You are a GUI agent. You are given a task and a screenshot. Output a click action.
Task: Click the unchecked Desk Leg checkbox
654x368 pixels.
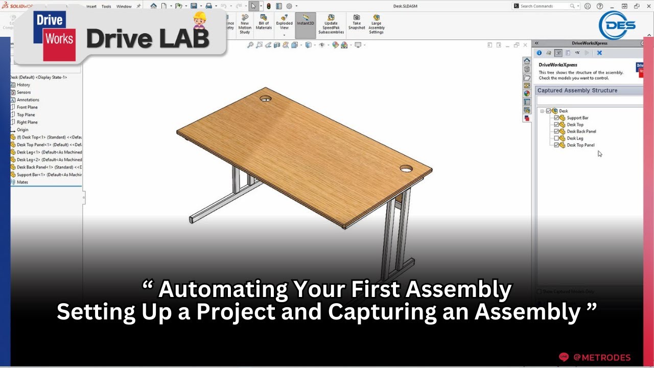tap(557, 139)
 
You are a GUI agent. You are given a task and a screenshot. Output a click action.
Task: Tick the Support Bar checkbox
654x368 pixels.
tap(557, 118)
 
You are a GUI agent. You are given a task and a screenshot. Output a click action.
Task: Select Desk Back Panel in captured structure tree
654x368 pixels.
tap(581, 131)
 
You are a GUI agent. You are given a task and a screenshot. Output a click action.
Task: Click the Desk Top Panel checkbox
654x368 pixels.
tap(557, 145)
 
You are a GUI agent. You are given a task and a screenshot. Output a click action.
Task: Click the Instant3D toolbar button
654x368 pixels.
tap(306, 26)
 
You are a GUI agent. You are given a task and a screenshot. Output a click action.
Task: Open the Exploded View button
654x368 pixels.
tap(284, 26)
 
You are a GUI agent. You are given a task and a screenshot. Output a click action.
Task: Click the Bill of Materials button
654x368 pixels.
tap(264, 26)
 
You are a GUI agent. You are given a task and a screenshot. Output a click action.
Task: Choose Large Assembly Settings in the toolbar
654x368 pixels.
tap(377, 26)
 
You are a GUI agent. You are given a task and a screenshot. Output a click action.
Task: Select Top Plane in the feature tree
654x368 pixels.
tap(26, 115)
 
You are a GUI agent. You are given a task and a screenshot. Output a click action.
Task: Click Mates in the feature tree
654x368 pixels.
tap(22, 182)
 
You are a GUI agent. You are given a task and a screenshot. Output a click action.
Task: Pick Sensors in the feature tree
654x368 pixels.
tap(24, 93)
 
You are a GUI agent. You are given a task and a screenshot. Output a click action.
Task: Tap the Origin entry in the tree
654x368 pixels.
tap(22, 130)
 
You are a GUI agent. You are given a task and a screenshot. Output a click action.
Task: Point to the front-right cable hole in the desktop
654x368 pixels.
tap(407, 168)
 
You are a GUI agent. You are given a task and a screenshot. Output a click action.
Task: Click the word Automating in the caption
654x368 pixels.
tap(223, 290)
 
